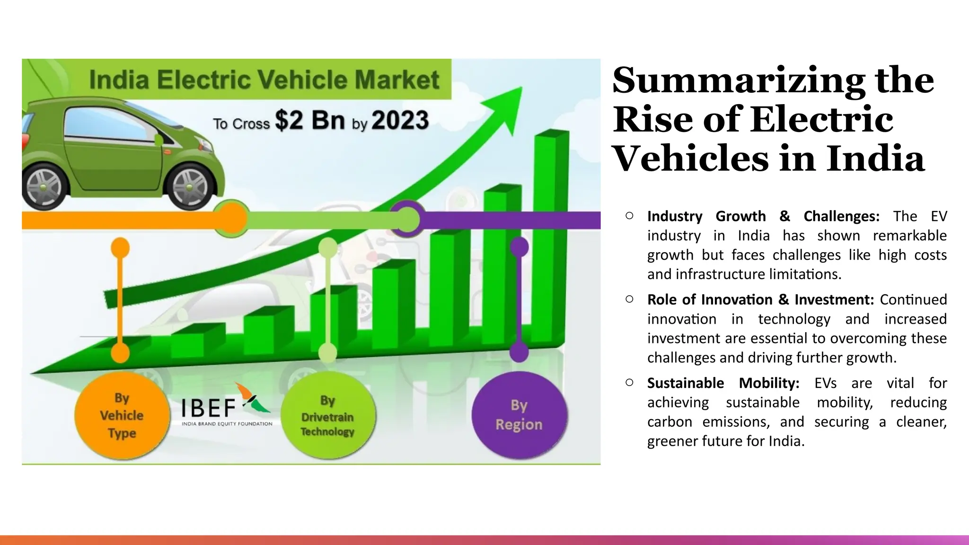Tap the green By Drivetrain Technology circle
pyautogui.click(x=327, y=415)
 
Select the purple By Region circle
pyautogui.click(x=519, y=415)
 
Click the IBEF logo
pyautogui.click(x=226, y=407)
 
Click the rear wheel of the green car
pyautogui.click(x=43, y=186)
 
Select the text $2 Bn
pyautogui.click(x=310, y=120)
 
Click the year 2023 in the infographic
pyautogui.click(x=400, y=120)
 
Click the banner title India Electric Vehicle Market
pyautogui.click(x=264, y=79)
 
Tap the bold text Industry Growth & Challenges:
pyautogui.click(x=763, y=216)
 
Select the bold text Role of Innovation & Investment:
pyautogui.click(x=760, y=299)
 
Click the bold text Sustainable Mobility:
pyautogui.click(x=723, y=383)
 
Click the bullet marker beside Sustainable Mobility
pyautogui.click(x=629, y=382)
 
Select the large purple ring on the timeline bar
pyautogui.click(x=406, y=219)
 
